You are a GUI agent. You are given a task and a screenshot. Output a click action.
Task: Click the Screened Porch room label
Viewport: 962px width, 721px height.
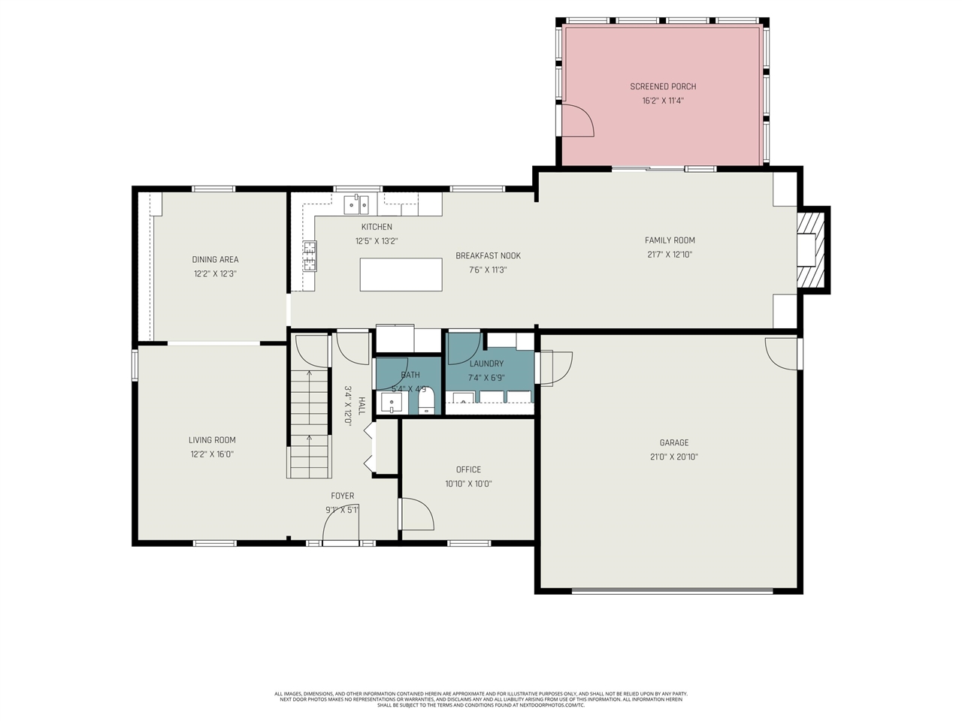click(663, 86)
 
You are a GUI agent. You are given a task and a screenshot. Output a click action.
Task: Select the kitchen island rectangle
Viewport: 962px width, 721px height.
click(401, 274)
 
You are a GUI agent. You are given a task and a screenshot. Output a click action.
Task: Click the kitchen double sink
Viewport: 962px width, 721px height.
click(356, 204)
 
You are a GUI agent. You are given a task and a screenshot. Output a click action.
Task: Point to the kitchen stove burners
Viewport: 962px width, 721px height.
click(310, 255)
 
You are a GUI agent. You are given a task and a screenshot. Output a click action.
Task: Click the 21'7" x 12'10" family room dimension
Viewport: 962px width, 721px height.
click(669, 255)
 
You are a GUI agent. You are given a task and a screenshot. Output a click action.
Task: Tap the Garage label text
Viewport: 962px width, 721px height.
click(674, 442)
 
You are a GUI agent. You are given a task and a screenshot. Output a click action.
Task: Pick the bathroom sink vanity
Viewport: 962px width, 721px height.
click(392, 404)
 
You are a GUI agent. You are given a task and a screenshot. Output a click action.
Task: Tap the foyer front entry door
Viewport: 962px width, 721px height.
click(340, 529)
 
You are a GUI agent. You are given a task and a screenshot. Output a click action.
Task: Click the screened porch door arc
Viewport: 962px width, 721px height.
click(578, 120)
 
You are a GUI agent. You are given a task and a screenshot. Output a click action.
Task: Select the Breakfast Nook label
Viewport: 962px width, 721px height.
click(488, 255)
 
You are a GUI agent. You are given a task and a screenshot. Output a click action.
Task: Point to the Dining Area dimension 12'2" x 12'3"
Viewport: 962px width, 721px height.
click(215, 274)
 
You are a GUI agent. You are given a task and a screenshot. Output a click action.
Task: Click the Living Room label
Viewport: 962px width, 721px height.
click(212, 440)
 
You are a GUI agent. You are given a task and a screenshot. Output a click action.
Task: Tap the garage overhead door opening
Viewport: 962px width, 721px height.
click(672, 591)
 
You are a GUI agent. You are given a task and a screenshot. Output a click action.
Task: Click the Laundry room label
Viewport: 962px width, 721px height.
click(486, 364)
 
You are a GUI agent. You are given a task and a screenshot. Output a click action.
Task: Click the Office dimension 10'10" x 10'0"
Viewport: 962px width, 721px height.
click(468, 484)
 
